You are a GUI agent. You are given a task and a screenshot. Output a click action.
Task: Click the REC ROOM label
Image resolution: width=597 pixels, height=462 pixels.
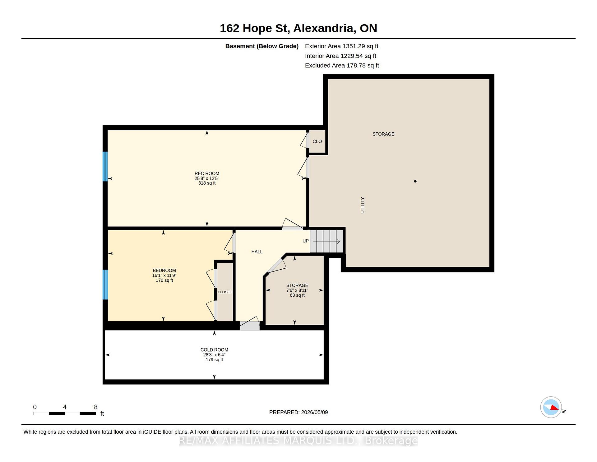[207, 173]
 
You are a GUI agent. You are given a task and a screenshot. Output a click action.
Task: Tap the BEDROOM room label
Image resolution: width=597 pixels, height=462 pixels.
[164, 271]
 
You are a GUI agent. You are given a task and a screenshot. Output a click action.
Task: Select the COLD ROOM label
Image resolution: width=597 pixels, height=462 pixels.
[214, 350]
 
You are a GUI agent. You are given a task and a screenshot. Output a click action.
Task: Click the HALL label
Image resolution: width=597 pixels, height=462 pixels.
[257, 252]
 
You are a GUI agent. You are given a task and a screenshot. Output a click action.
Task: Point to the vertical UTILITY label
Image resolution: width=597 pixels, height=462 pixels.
[363, 205]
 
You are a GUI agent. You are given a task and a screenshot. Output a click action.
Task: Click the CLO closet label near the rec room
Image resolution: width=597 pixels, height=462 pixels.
[317, 141]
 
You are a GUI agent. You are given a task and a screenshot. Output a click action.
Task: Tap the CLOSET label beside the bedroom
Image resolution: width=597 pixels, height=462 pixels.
[225, 292]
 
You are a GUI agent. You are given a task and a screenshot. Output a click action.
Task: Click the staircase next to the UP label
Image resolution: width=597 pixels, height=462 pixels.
[326, 241]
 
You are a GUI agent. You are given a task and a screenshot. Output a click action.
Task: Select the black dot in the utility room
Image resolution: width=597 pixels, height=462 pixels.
[415, 181]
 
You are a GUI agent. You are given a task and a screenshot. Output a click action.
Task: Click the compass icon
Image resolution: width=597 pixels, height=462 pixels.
[551, 407]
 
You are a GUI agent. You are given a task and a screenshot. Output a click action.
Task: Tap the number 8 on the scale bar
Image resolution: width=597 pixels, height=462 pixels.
[96, 407]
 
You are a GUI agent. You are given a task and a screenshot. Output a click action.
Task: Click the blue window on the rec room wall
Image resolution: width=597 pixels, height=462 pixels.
[105, 166]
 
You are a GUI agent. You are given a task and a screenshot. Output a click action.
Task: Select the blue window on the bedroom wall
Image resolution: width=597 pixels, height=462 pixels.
[105, 285]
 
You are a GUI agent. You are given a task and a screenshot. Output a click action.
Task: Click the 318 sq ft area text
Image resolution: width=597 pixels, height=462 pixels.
[207, 183]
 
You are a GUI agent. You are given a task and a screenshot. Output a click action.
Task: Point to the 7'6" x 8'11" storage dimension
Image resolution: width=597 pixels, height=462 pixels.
[297, 290]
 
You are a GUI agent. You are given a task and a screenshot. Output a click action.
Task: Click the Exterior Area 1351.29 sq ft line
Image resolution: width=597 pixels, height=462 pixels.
[341, 46]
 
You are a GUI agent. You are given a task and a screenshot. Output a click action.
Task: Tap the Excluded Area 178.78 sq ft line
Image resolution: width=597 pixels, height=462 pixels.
[342, 65]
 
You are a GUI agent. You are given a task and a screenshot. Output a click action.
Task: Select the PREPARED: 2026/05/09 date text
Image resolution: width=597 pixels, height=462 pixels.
[298, 412]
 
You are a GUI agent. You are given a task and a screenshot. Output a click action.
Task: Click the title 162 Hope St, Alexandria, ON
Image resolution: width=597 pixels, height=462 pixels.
[298, 28]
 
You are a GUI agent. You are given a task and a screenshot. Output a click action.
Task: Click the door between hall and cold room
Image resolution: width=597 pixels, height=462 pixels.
[250, 324]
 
